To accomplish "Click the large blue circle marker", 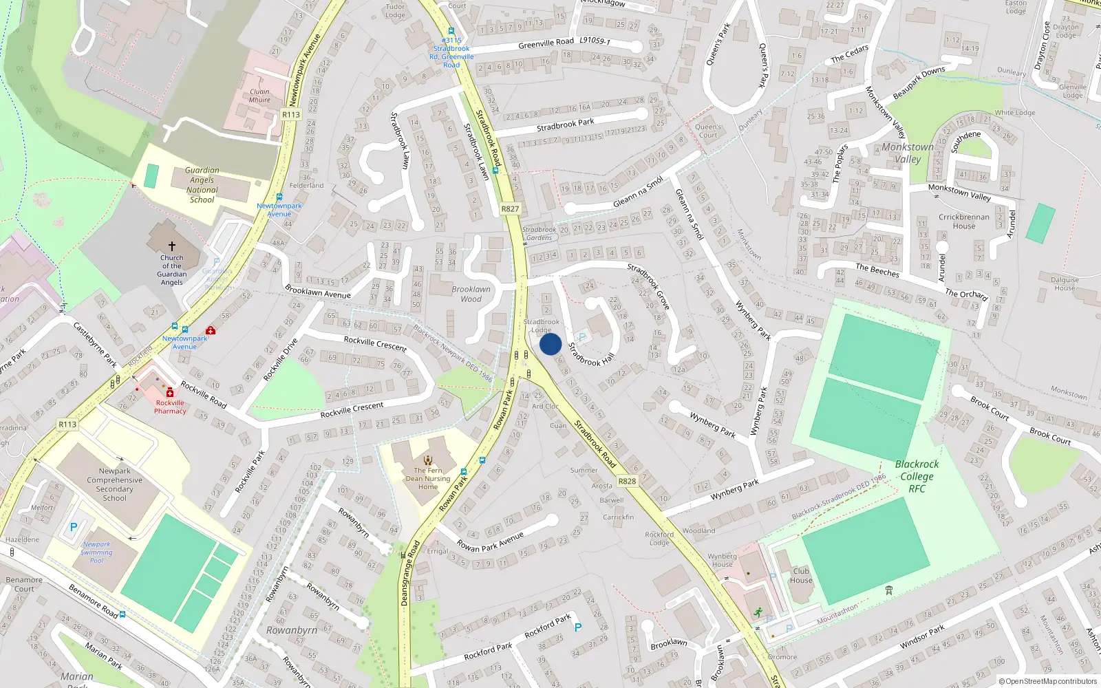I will click(550, 344).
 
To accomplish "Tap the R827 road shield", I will click(510, 209).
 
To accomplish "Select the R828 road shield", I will click(627, 482).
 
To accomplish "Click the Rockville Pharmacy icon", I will click(170, 392).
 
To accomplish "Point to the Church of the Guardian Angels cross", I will click(172, 246).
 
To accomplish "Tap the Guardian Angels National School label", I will click(202, 185).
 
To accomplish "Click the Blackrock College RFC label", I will click(917, 476).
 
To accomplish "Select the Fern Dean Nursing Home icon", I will click(428, 460).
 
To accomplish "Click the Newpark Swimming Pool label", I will click(96, 552).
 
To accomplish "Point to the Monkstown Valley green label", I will click(908, 153).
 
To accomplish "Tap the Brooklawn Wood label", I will click(471, 294).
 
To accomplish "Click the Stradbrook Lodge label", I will click(542, 325).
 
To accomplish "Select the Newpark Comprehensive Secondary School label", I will click(114, 484).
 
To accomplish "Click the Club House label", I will click(801, 575).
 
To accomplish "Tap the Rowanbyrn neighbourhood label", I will click(292, 630).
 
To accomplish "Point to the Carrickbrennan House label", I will click(963, 222).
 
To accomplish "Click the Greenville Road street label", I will click(546, 43).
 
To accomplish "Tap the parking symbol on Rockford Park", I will click(578, 627).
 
